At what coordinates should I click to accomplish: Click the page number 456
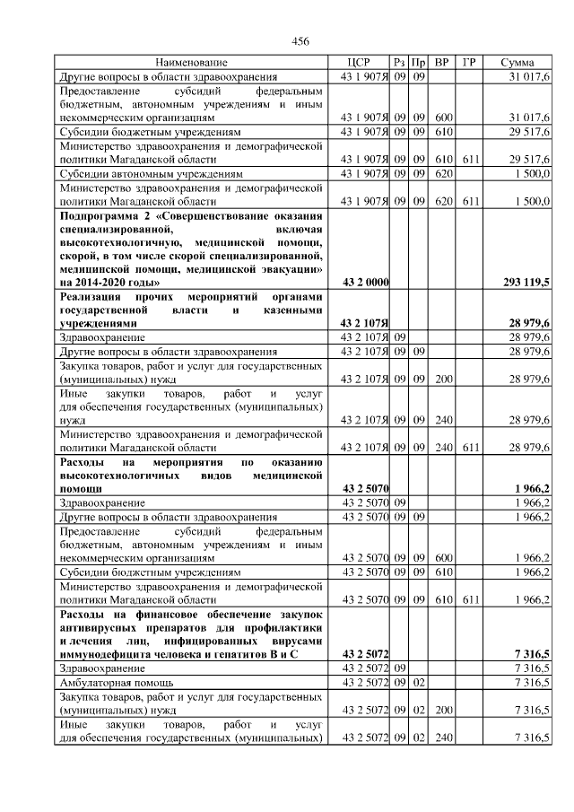coord(300,42)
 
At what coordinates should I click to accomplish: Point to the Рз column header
coord(399,63)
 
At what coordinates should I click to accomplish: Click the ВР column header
coord(441,63)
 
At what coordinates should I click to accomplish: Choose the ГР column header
coord(469,63)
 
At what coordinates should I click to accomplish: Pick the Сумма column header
coord(518,63)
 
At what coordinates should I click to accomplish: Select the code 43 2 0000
coord(365,283)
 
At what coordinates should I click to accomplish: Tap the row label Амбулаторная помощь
coord(107,683)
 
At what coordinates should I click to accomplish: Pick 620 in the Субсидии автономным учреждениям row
coord(442,172)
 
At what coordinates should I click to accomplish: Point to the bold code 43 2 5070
coord(365,487)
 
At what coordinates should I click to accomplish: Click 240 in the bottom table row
coord(442,737)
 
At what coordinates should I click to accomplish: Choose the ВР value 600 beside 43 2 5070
coord(442,556)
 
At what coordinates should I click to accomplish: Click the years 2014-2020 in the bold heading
coord(98,283)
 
